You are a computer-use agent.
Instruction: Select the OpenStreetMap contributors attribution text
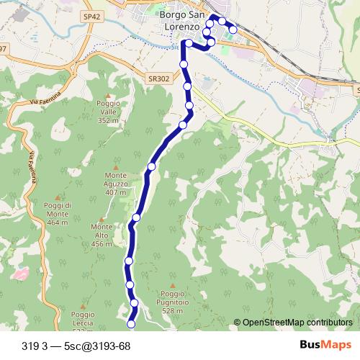(x=297, y=323)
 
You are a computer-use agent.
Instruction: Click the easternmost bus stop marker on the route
(x=233, y=30)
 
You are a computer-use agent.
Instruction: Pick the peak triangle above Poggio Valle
(x=107, y=96)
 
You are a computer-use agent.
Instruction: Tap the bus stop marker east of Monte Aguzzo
(x=151, y=167)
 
